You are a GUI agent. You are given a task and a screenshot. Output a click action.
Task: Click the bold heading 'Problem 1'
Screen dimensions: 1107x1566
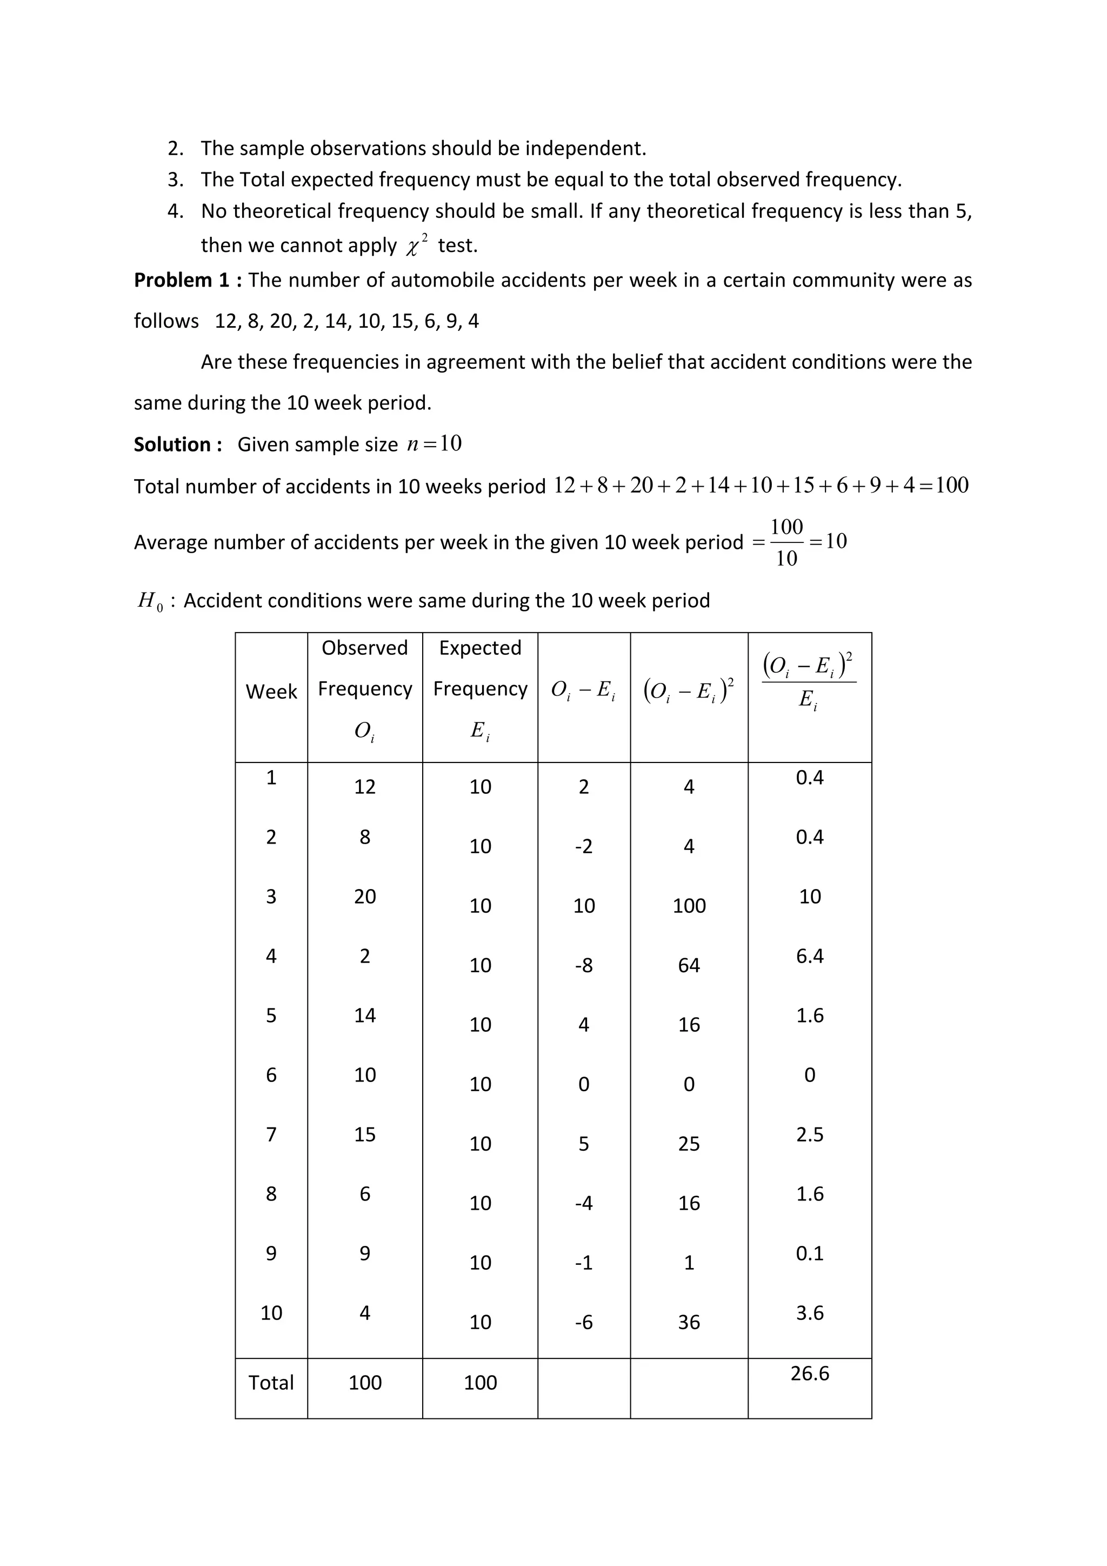coord(181,280)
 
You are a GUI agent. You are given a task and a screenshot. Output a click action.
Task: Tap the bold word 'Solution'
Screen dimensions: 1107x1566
coord(172,444)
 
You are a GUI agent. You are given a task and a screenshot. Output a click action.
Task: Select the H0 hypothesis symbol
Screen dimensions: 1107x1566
coord(150,601)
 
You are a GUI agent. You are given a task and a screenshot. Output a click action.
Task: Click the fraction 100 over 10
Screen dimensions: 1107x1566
coord(786,542)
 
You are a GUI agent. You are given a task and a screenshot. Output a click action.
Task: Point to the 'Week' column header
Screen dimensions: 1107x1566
coord(271,692)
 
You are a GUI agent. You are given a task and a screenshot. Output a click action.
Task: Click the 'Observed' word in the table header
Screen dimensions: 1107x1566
coord(365,648)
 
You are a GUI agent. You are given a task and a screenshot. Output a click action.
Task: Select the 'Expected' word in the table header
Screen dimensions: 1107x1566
coord(480,648)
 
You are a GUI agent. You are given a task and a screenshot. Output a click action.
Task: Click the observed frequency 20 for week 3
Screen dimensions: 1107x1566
coord(365,896)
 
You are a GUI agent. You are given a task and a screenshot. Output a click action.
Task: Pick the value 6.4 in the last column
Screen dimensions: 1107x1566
coord(809,955)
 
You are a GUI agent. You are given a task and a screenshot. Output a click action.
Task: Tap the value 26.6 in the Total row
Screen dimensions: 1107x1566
coord(809,1373)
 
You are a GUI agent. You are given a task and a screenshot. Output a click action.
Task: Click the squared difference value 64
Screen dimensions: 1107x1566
coord(689,965)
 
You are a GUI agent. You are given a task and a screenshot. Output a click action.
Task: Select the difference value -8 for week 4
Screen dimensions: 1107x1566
coord(583,965)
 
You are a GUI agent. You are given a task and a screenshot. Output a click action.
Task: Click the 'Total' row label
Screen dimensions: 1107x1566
coord(271,1383)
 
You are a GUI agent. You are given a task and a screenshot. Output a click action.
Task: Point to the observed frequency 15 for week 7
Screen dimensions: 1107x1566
coord(365,1134)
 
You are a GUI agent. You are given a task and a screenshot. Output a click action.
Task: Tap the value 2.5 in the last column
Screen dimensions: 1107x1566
coord(809,1134)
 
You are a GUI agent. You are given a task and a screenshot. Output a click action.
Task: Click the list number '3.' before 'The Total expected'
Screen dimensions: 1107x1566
coord(176,180)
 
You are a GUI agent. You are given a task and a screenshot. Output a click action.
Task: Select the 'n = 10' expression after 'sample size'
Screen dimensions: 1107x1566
coord(434,444)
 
